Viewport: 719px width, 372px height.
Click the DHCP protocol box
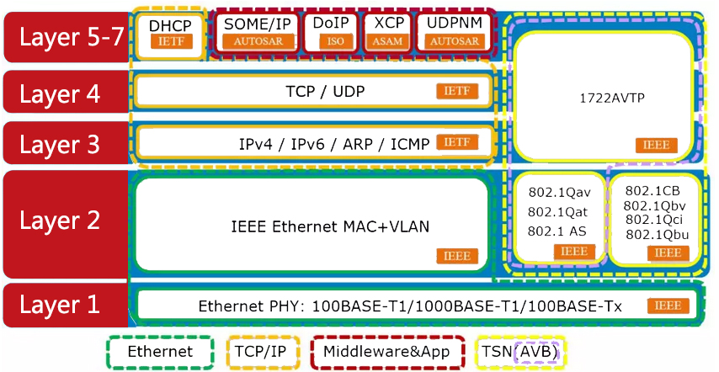pos(170,33)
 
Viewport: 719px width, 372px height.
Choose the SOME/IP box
pos(258,32)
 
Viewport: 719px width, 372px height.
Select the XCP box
pos(388,32)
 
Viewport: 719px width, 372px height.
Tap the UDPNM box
pos(454,32)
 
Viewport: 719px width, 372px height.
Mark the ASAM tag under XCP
pos(388,40)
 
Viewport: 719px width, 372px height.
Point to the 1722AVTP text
pos(606,98)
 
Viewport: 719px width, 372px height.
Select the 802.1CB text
pos(653,190)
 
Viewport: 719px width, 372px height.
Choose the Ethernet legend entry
pos(160,352)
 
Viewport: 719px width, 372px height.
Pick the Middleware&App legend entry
pos(386,352)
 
